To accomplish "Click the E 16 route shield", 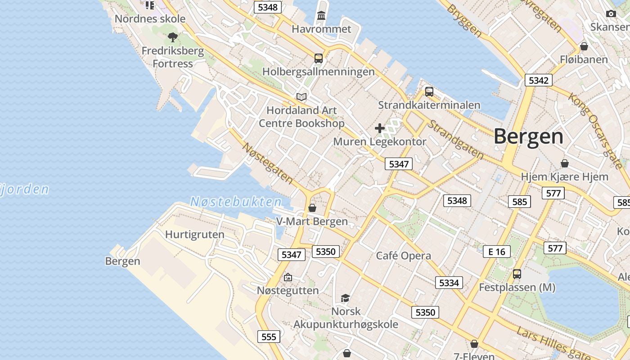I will coord(497,252).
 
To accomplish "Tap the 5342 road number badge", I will coord(538,81).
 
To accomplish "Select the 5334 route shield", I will coord(449,283).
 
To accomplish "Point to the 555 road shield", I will coord(269,336).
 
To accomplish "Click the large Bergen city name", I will coord(528,136).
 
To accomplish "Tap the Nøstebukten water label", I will coord(236,202).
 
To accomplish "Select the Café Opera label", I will coord(403,256).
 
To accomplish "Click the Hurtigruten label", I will coord(194,234).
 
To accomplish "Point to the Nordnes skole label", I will coord(150,19).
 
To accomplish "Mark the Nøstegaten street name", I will coord(268,163).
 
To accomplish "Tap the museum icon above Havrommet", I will coord(321,16).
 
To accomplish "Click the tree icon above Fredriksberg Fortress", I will coord(172,37).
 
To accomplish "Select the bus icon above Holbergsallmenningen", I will coord(319,58).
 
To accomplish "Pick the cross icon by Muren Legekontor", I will coord(380,128).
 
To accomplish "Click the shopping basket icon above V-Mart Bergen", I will coord(312,208).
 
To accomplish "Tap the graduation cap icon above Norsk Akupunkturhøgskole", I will coord(345,298).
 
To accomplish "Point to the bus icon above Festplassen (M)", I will coord(517,274).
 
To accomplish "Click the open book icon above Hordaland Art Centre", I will coord(301,97).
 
